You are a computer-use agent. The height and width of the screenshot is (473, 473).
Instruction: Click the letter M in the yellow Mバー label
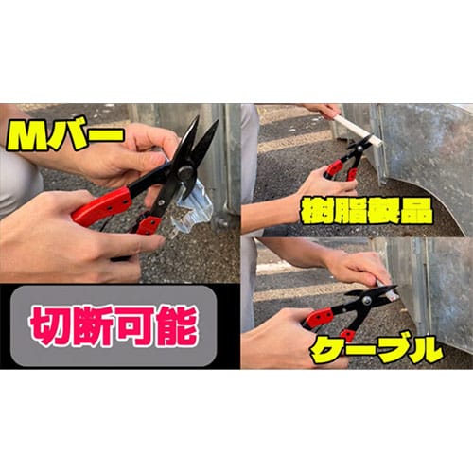[x=28, y=135]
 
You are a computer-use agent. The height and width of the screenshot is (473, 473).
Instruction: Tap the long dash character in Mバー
[x=104, y=136]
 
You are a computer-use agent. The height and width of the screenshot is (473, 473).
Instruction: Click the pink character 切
[x=50, y=326]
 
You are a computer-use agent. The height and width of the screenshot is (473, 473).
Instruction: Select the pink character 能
[x=176, y=326]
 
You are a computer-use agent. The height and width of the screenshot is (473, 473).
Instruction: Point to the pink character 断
[x=92, y=326]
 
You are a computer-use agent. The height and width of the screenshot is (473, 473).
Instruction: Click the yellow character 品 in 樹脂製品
[x=416, y=210]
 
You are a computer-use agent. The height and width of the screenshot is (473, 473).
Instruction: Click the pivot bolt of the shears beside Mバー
[x=184, y=172]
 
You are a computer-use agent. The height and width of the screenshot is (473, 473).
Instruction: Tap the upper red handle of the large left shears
[x=102, y=205]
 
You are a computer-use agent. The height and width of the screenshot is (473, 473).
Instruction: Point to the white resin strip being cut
[x=358, y=130]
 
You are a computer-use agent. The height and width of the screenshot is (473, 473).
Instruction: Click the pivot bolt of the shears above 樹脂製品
[x=359, y=148]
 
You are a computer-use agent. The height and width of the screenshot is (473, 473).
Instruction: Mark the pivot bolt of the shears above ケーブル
[x=366, y=300]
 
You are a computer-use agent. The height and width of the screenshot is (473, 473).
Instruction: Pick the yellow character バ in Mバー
[x=67, y=135]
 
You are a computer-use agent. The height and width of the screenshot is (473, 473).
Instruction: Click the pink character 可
[x=134, y=326]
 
